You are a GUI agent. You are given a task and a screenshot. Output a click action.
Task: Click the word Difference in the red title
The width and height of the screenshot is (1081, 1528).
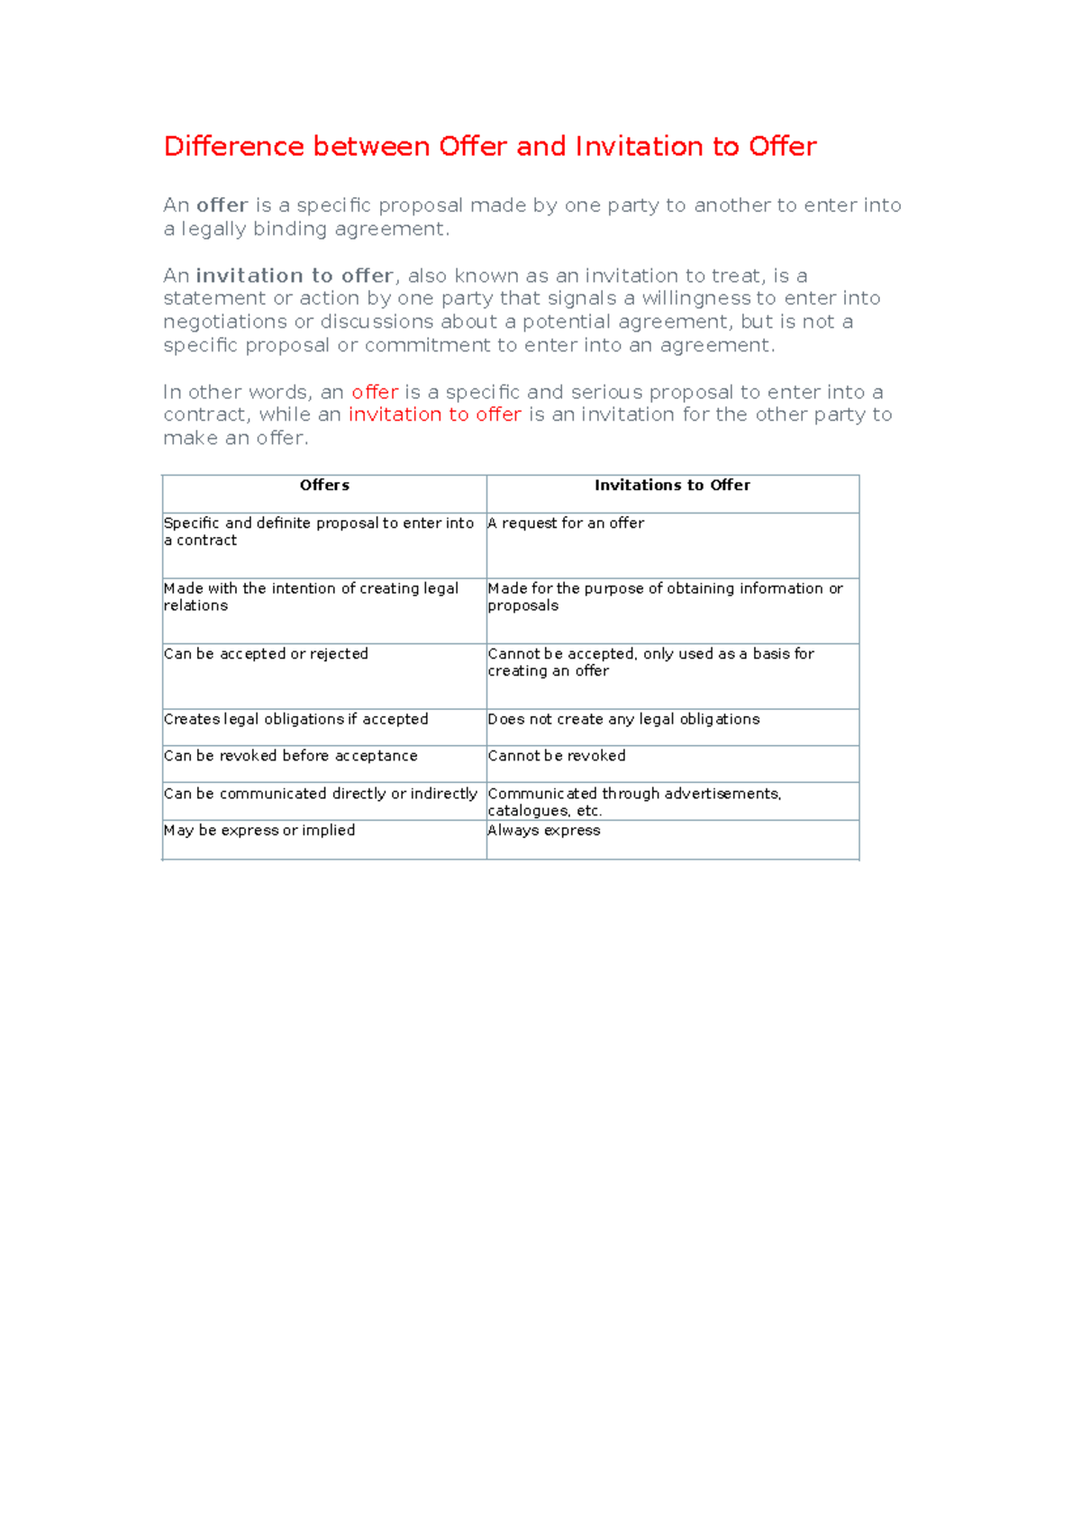233,146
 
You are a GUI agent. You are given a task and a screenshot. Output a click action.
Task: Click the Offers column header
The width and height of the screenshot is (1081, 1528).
324,486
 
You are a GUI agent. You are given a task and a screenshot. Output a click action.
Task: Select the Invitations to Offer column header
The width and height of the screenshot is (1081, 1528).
672,486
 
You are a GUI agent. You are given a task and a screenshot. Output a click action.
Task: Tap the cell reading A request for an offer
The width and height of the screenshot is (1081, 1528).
566,523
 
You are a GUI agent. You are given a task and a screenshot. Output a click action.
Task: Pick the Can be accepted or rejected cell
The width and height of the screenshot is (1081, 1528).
266,654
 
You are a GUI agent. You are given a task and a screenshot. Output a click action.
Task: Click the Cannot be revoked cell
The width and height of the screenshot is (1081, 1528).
557,756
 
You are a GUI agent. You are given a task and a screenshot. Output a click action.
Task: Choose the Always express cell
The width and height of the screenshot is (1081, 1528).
544,831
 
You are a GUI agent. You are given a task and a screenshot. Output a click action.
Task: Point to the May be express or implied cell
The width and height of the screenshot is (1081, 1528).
259,831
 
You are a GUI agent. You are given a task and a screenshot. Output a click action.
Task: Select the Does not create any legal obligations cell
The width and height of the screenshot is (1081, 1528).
623,719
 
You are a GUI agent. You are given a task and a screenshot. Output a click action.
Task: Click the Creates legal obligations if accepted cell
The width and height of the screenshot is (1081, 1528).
295,719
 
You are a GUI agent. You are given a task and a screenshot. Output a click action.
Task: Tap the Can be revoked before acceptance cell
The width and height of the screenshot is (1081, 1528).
290,756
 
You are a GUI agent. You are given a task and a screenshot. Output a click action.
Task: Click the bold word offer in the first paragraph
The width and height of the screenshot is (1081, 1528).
222,205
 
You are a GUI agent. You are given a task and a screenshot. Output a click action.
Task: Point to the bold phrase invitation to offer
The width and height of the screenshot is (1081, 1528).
295,276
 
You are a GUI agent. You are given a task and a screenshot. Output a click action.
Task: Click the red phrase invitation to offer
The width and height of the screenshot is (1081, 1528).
435,414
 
